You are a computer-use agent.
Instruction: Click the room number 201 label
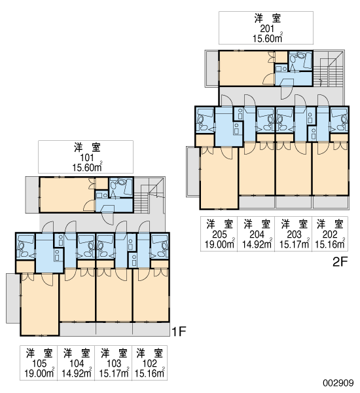tap(267, 29)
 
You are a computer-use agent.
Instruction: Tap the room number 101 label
tap(87, 158)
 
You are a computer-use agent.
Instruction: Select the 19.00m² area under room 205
tap(220, 244)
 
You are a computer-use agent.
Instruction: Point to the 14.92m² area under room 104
tap(77, 373)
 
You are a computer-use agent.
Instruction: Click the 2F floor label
tap(340, 262)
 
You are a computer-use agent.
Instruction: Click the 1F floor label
tap(179, 331)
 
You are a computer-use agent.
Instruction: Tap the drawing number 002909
tap(338, 383)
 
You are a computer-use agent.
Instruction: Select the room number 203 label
tap(294, 234)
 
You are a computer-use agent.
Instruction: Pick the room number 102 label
tap(149, 364)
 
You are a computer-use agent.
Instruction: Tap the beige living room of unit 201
tap(247, 68)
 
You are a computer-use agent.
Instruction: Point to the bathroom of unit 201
tap(300, 60)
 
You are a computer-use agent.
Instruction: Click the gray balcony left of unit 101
tap(32, 195)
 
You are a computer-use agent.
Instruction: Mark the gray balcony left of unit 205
tap(193, 172)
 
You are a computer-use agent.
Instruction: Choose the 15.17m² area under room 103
tap(114, 373)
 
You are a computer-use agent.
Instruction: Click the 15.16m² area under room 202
tap(330, 244)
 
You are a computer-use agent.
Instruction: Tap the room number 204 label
tap(257, 234)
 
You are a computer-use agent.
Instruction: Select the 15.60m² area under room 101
tap(87, 168)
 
